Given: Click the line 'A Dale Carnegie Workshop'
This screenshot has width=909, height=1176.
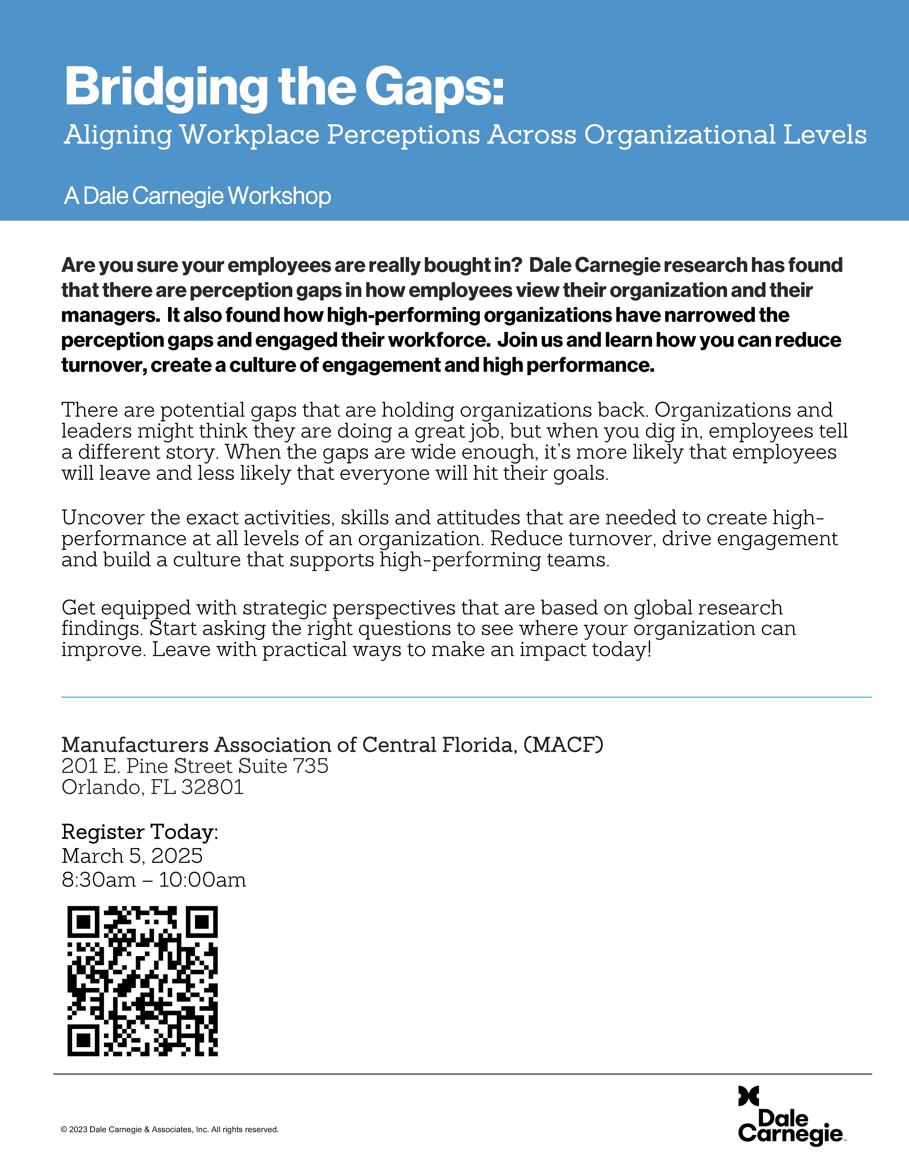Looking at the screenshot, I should pyautogui.click(x=197, y=196).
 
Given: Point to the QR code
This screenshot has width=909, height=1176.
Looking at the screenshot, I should pyautogui.click(x=143, y=981).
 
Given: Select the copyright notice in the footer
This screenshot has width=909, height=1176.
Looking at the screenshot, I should pyautogui.click(x=170, y=1129).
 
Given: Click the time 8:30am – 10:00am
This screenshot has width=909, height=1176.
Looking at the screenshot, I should pyautogui.click(x=153, y=880).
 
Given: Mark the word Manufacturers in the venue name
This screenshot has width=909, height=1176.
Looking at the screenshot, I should pyautogui.click(x=135, y=745).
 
